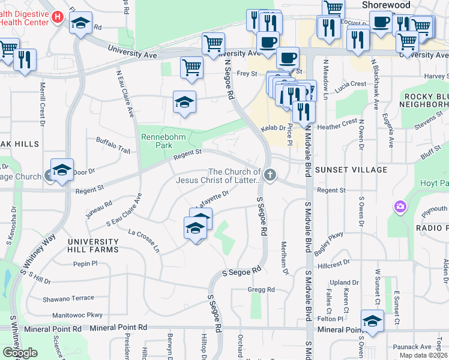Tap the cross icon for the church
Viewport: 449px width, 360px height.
[x=270, y=175]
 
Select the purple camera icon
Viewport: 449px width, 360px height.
[x=400, y=207]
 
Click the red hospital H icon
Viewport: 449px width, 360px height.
[x=58, y=17]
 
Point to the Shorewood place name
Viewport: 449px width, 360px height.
[x=386, y=5]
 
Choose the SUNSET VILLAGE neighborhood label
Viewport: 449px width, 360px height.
[x=352, y=170]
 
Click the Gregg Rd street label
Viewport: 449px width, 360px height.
[x=261, y=290]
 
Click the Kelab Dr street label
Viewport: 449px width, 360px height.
[x=273, y=128]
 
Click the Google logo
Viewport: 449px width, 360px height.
[x=20, y=353]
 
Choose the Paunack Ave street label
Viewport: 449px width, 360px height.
[x=412, y=347]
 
